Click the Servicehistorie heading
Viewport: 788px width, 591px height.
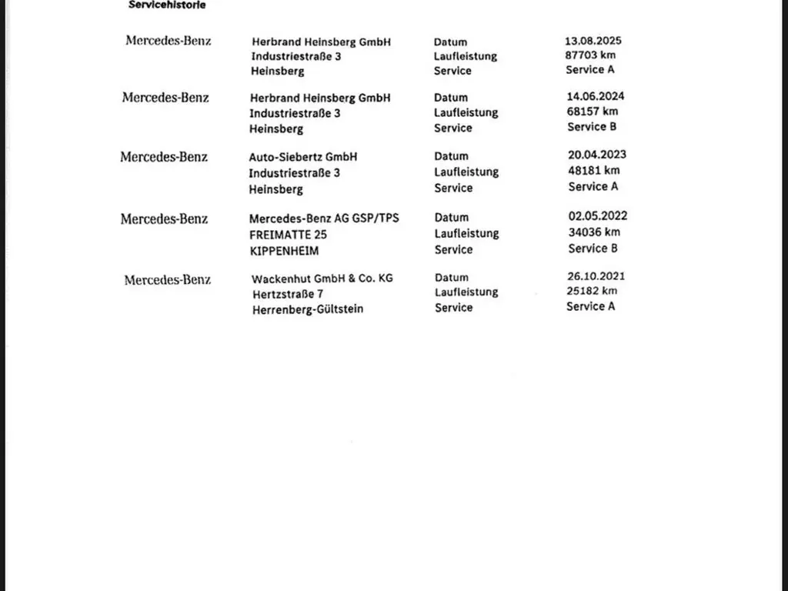[x=167, y=5]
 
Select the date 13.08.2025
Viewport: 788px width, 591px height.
[x=593, y=40]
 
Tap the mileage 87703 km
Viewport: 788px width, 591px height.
[x=590, y=55]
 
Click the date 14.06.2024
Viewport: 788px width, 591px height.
[x=596, y=96]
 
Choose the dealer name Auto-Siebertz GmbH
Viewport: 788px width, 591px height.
[x=302, y=157]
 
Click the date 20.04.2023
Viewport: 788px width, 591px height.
[x=597, y=155]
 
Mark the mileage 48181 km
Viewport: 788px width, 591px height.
[x=593, y=171]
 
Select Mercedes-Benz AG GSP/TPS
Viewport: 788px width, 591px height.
[x=324, y=219]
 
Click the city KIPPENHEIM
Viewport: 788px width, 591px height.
[x=283, y=251]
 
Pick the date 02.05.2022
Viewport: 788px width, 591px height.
[x=597, y=216]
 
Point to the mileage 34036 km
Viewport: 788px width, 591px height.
[x=594, y=232]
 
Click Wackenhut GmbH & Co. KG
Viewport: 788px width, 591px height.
[x=322, y=278]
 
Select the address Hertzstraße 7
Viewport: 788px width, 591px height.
[x=287, y=294]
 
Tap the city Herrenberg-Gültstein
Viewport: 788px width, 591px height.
[x=307, y=309]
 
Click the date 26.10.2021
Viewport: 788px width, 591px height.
[x=596, y=275]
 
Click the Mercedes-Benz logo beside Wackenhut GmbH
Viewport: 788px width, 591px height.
[x=167, y=280]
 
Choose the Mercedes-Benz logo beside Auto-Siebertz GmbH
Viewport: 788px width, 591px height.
[x=164, y=157]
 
